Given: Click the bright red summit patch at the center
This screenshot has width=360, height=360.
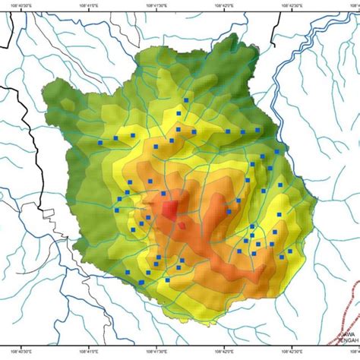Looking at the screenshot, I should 168,208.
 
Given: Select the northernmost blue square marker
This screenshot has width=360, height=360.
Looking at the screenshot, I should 186,99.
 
